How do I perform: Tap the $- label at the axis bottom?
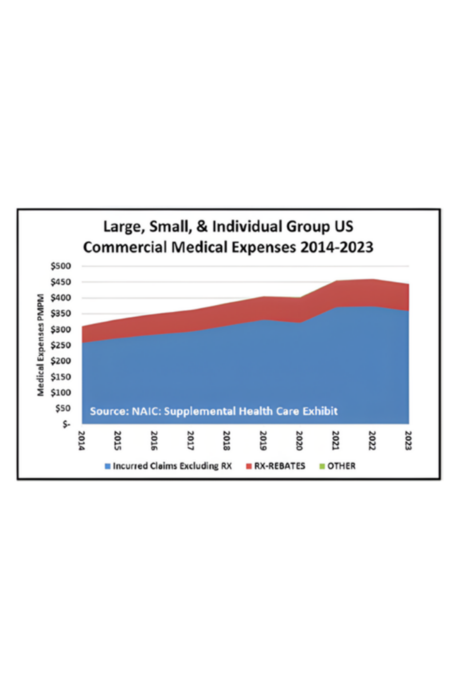click(x=66, y=424)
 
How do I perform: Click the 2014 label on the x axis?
click(x=82, y=439)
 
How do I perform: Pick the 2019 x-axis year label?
click(x=263, y=439)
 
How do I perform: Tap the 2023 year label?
click(x=408, y=439)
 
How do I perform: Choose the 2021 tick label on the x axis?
click(x=336, y=439)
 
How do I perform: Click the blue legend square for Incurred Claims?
click(x=108, y=466)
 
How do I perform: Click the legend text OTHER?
click(x=342, y=466)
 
